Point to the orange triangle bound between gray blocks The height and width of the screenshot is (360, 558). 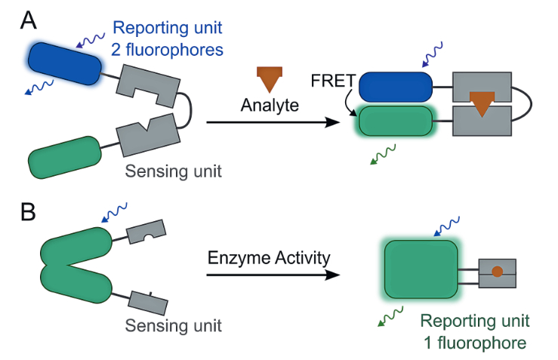pos(481,103)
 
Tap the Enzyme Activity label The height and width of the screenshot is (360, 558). pos(269,258)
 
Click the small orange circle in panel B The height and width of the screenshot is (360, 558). pos(496,271)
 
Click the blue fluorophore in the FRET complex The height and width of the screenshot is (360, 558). pos(395,88)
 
